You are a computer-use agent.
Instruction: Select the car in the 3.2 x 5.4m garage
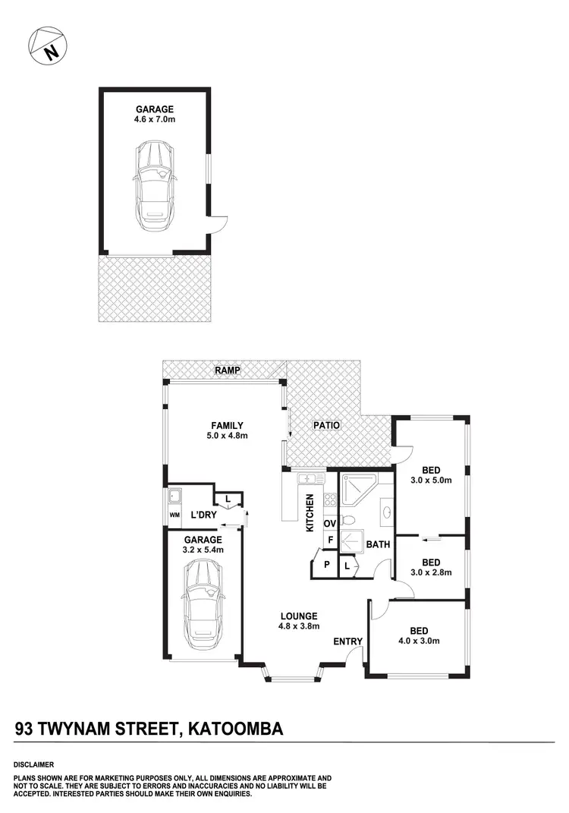(x=202, y=600)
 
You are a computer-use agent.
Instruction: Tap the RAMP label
(x=227, y=370)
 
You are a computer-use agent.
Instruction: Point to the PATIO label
(x=326, y=425)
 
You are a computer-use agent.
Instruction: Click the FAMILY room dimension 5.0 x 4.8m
(x=227, y=436)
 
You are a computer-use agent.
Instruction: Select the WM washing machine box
(x=174, y=516)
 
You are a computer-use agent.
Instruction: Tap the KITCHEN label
(x=310, y=514)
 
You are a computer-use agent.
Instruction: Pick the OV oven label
(x=330, y=524)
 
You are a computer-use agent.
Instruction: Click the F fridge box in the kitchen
(x=330, y=541)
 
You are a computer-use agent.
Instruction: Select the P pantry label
(x=327, y=565)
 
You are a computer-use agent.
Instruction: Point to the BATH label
(x=378, y=544)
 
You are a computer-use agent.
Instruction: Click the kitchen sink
(x=309, y=479)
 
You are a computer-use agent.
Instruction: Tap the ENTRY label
(x=348, y=642)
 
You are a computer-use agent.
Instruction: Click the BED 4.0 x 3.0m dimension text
(x=419, y=641)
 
